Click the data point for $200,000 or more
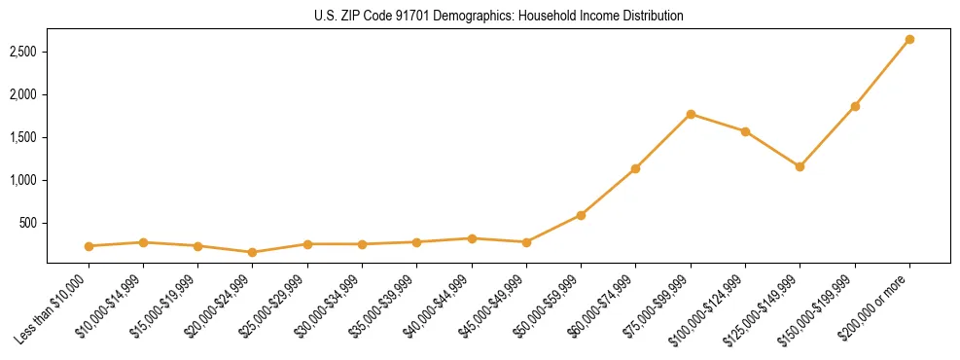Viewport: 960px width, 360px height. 909,40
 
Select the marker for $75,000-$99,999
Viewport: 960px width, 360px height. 691,114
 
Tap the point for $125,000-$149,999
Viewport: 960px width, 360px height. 800,166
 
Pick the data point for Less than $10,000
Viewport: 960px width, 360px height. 89,246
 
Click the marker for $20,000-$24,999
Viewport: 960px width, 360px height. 253,252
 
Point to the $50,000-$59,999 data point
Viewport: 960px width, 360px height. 581,215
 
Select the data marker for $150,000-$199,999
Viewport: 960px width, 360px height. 855,106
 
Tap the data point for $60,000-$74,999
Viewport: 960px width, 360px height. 635,168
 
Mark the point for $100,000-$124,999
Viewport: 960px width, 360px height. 745,131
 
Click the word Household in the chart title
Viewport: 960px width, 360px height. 526,16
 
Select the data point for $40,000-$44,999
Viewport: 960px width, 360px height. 472,238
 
